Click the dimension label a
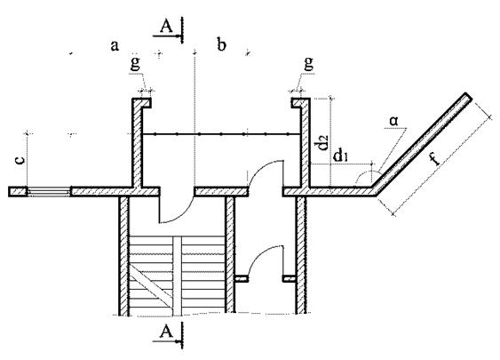[x=115, y=46]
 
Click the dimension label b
[x=221, y=44]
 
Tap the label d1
[x=340, y=156]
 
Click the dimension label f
[x=434, y=158]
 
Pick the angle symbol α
[x=393, y=121]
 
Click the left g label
[x=135, y=64]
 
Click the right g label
[x=308, y=63]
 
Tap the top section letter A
[x=166, y=27]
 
